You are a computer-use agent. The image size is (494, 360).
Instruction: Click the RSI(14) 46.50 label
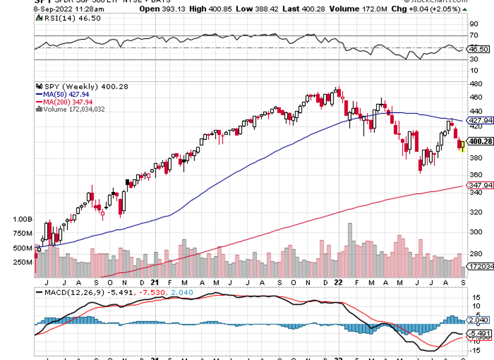pyautogui.click(x=58, y=18)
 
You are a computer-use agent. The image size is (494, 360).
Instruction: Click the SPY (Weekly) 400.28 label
pyautogui.click(x=82, y=86)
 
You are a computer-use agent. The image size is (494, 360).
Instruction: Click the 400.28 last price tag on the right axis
pyautogui.click(x=480, y=141)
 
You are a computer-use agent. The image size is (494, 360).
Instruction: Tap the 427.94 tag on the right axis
pyautogui.click(x=480, y=121)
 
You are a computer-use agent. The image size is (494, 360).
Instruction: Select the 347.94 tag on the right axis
pyautogui.click(x=480, y=186)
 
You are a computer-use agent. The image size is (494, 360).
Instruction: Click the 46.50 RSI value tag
pyautogui.click(x=479, y=50)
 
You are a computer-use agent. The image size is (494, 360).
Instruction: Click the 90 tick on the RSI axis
pyautogui.click(x=473, y=24)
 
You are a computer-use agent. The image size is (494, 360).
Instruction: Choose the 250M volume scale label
pyautogui.click(x=22, y=262)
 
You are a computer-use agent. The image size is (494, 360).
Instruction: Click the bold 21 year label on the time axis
pyautogui.click(x=155, y=282)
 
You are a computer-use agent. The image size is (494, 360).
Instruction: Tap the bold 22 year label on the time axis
pyautogui.click(x=338, y=282)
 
